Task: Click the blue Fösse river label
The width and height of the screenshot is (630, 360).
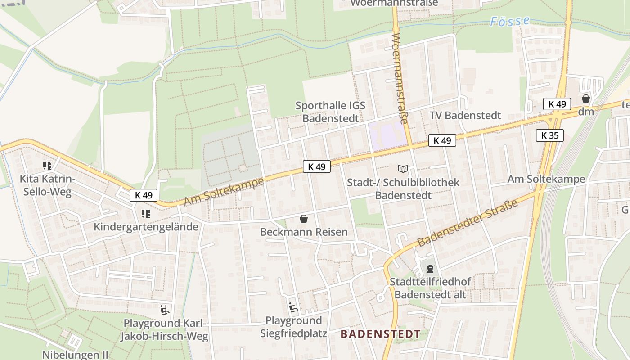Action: click(509, 21)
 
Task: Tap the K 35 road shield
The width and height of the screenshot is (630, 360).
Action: click(549, 135)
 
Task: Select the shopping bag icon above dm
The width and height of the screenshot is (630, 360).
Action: click(586, 99)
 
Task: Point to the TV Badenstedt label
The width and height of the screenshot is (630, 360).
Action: click(465, 116)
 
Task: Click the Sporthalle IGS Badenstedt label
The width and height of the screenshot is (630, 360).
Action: click(330, 112)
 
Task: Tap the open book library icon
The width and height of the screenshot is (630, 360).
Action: click(403, 169)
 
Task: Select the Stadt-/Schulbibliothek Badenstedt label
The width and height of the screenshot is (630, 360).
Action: click(403, 189)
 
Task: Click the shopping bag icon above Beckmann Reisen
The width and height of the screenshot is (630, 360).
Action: click(304, 219)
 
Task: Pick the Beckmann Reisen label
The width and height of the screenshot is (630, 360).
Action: click(304, 232)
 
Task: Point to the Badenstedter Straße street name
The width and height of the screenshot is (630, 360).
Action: click(468, 222)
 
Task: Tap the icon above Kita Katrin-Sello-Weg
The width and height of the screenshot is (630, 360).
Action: click(47, 166)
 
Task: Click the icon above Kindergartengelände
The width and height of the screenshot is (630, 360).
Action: click(145, 214)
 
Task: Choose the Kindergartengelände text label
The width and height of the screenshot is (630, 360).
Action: click(146, 227)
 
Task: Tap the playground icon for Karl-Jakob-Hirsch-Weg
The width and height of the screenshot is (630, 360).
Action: click(165, 310)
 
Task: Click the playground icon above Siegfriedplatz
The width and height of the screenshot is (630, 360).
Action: click(293, 307)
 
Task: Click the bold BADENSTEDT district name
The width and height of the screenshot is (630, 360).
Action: click(380, 334)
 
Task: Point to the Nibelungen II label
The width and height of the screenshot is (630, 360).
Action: click(75, 355)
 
